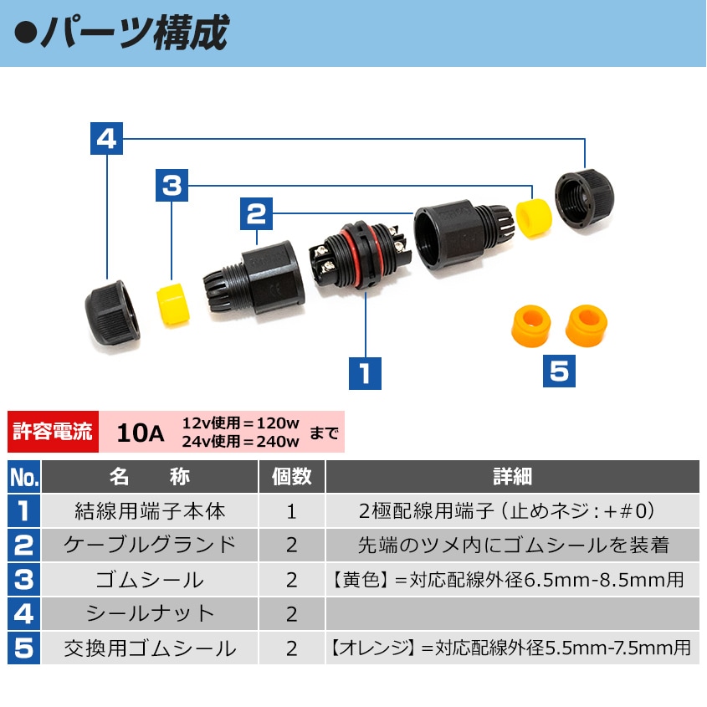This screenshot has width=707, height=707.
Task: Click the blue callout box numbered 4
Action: click(x=106, y=138)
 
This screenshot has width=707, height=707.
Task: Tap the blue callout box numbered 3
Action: click(x=172, y=185)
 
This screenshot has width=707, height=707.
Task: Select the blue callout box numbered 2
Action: click(x=257, y=213)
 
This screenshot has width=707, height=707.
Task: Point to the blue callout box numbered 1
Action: click(x=366, y=373)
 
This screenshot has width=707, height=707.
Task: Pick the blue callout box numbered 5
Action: click(x=559, y=371)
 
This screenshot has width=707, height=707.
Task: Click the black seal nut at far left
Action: click(x=112, y=313)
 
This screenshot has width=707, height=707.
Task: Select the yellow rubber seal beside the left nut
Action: click(x=173, y=305)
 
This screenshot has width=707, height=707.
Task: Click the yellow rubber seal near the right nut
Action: click(x=535, y=218)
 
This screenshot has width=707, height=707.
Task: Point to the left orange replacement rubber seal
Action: click(x=531, y=326)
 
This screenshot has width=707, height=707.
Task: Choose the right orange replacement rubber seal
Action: click(x=587, y=325)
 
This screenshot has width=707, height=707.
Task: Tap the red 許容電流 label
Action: click(x=53, y=432)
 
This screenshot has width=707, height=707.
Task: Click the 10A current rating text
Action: click(x=141, y=433)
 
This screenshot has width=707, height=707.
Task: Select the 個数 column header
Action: click(x=292, y=477)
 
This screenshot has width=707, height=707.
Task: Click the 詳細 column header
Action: click(x=513, y=477)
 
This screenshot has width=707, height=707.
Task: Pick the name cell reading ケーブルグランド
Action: click(x=150, y=546)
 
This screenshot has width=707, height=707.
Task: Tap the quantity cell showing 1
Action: click(x=292, y=511)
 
